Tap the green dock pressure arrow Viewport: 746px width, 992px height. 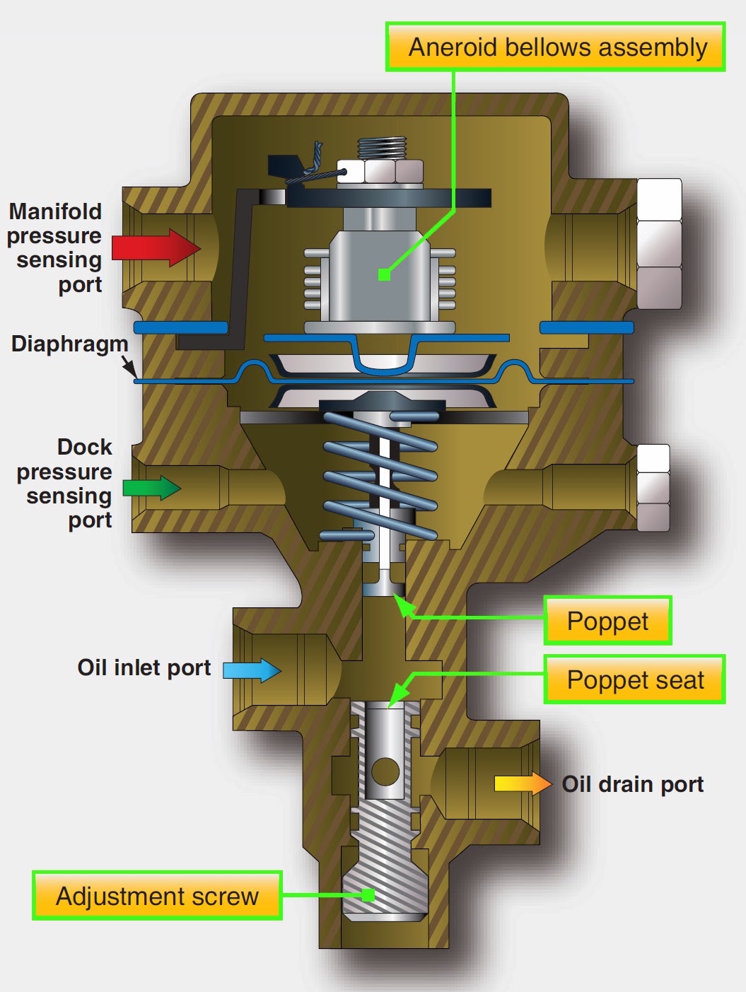[151, 488]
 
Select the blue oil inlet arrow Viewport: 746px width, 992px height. [252, 670]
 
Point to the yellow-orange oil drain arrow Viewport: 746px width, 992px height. [523, 783]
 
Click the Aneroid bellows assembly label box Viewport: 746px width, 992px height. [556, 47]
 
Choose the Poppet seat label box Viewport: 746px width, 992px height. [634, 679]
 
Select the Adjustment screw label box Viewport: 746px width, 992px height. [157, 896]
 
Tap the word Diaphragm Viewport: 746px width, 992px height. [69, 344]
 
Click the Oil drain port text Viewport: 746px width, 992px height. [632, 784]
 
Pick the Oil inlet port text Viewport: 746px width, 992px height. [144, 667]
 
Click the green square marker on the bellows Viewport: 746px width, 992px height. [384, 274]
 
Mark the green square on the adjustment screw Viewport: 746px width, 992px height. [368, 895]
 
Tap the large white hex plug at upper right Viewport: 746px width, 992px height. [659, 243]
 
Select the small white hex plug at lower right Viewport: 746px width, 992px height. [653, 488]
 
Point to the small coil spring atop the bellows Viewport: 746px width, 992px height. [383, 148]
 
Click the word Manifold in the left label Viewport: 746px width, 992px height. [55, 211]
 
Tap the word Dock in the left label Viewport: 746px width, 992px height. [84, 447]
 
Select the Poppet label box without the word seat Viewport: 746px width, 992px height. [607, 621]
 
